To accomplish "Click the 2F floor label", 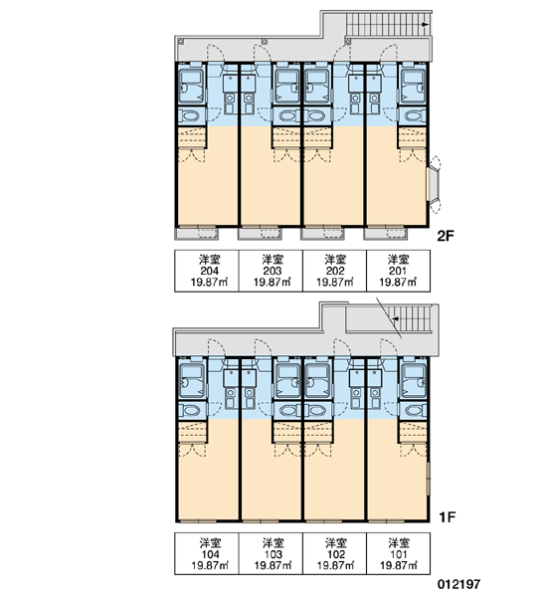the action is pos(446,236).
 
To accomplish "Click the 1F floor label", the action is pos(447,517).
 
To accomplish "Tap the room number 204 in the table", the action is pos(210,271).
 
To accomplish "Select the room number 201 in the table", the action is pos(398,271).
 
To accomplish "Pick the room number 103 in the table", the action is pos(273,554).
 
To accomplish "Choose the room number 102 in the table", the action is pos(336,554).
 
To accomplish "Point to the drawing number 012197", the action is pos(459,584).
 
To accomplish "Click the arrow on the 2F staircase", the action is pos(425,24).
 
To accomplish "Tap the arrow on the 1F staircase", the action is pos(396,318).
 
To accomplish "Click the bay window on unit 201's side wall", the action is pos(435,184).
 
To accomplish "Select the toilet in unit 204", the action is pos(190,115).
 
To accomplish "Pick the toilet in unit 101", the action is pos(415,410).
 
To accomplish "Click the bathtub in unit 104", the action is pos(192,380).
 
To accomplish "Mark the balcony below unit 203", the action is pos(260,234).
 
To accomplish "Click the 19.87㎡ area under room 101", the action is pos(399,566).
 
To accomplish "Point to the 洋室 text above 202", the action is pos(335,260).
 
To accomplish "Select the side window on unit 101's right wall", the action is pos(428,479).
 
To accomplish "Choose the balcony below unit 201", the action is pos(385,234).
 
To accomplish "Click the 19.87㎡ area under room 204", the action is pos(210,283).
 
